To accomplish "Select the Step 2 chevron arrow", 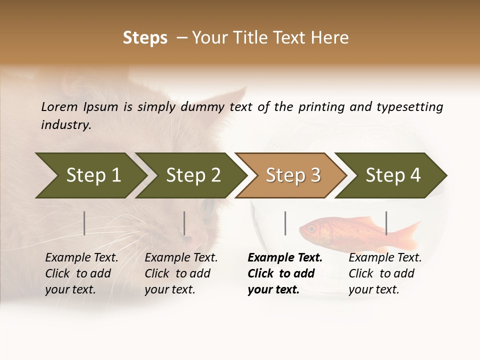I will [193, 175].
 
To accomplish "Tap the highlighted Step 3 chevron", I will [293, 175].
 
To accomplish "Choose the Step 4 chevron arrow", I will [393, 175].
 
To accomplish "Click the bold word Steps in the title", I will [145, 38].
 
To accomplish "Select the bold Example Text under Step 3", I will [285, 258].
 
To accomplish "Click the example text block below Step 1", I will [81, 273].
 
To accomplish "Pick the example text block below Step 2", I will [181, 273].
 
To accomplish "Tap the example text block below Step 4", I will [385, 273].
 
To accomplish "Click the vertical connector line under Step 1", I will [84, 223].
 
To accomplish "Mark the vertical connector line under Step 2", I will [184, 223].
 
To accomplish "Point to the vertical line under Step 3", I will [285, 223].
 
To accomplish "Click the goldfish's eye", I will [312, 228].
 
